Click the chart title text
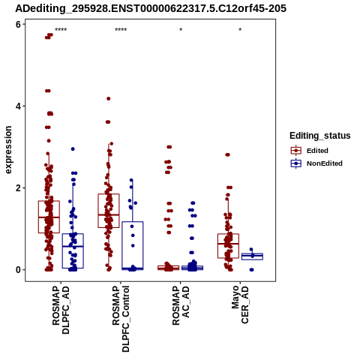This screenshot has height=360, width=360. click(151, 8)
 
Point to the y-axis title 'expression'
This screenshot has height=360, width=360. click(8, 150)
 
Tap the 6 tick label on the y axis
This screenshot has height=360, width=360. click(18, 24)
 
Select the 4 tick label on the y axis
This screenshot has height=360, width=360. click(18, 106)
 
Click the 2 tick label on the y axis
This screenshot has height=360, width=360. click(18, 188)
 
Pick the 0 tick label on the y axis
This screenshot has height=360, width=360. click(18, 270)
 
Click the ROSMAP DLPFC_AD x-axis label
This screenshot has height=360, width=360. click(61, 310)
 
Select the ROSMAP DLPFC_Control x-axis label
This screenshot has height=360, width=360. click(121, 319)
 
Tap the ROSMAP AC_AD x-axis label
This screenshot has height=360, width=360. click(181, 306)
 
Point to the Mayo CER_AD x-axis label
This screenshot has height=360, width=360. click(240, 304)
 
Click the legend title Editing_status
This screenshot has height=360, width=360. click(320, 136)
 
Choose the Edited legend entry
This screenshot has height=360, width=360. click(310, 151)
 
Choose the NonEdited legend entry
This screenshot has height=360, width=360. click(316, 163)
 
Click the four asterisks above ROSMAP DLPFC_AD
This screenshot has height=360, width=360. click(61, 30)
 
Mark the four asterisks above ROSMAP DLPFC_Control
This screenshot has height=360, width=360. click(121, 30)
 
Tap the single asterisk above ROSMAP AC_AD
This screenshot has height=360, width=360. click(181, 30)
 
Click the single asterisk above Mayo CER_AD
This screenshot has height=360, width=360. click(240, 30)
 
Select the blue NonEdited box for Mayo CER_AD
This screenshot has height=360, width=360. click(252, 256)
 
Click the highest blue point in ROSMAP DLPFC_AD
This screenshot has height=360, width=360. click(73, 149)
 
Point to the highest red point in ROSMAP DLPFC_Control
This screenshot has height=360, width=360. click(109, 99)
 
